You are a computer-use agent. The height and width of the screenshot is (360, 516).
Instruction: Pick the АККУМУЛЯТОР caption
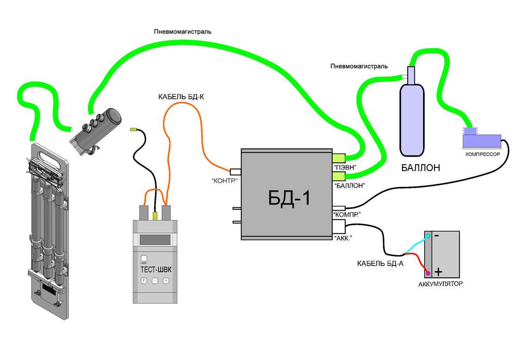click(x=440, y=284)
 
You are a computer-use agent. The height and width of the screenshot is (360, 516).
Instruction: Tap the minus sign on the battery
click(x=437, y=236)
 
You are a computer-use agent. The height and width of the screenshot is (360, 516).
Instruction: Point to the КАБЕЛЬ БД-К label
click(x=181, y=97)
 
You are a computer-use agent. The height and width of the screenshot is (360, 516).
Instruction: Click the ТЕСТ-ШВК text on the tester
click(x=154, y=269)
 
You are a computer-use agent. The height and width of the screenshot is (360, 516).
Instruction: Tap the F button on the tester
click(x=144, y=280)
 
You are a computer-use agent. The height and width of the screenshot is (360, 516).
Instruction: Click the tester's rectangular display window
click(x=155, y=239)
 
